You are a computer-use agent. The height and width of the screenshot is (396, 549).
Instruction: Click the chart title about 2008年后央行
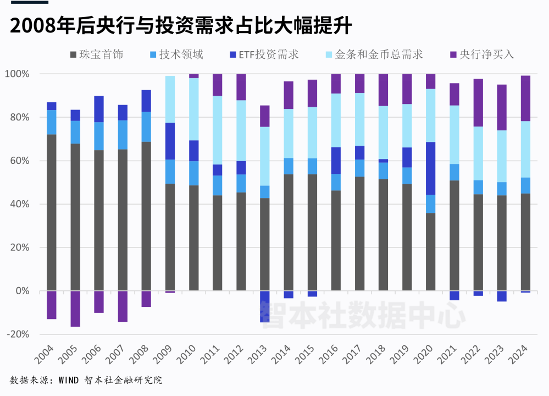pos(181,25)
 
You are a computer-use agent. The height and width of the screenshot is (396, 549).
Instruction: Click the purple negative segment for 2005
pos(75,309)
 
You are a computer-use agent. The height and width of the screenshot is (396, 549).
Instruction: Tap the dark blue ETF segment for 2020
pos(430,168)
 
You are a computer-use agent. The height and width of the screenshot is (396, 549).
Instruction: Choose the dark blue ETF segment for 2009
pos(170,141)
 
